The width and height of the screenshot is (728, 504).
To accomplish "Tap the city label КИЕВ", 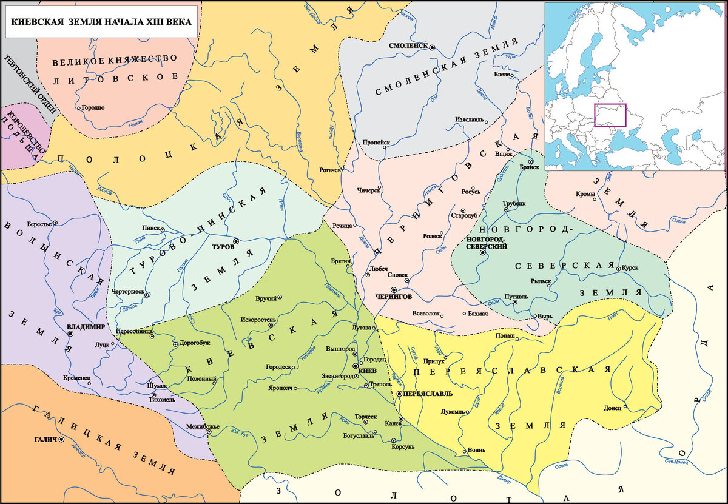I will (x=368, y=370).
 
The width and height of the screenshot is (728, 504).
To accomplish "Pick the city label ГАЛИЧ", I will (x=45, y=438).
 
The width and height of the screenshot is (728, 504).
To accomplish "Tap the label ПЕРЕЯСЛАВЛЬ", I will (x=428, y=394).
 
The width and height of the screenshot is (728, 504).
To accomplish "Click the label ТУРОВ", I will (x=222, y=248).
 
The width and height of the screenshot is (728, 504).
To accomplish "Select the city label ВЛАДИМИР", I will (x=86, y=326).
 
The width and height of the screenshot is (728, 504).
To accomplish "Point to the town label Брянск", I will (x=530, y=168).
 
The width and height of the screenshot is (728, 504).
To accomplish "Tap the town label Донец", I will (x=612, y=408).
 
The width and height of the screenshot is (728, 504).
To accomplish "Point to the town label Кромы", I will (x=585, y=194).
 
